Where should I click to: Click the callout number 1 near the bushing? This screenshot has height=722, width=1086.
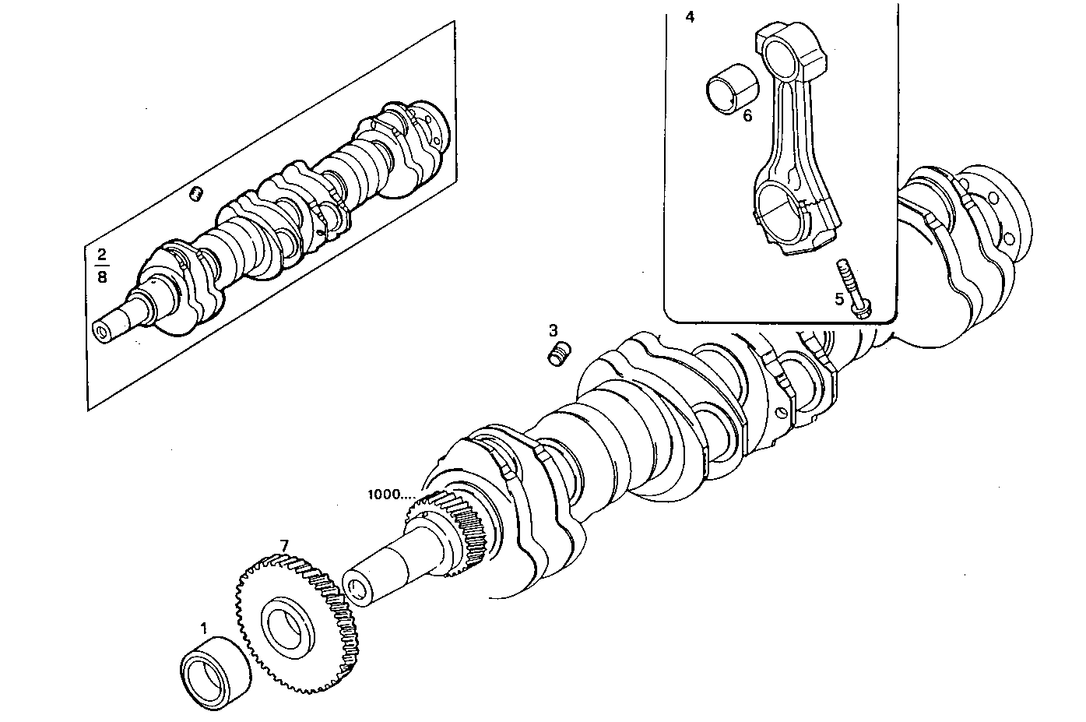click(x=204, y=627)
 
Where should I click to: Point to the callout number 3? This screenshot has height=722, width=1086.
click(x=553, y=330)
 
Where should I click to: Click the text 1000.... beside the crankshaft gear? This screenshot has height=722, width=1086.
click(x=392, y=495)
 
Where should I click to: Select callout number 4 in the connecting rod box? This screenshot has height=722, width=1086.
click(x=690, y=16)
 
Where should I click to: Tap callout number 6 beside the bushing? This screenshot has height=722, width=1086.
click(x=747, y=116)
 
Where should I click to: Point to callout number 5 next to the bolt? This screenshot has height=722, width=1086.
click(x=839, y=298)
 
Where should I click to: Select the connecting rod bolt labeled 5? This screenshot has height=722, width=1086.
click(x=852, y=288)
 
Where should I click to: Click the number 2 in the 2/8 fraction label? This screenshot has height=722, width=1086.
click(x=101, y=254)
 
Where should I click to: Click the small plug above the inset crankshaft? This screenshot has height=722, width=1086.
click(x=198, y=192)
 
